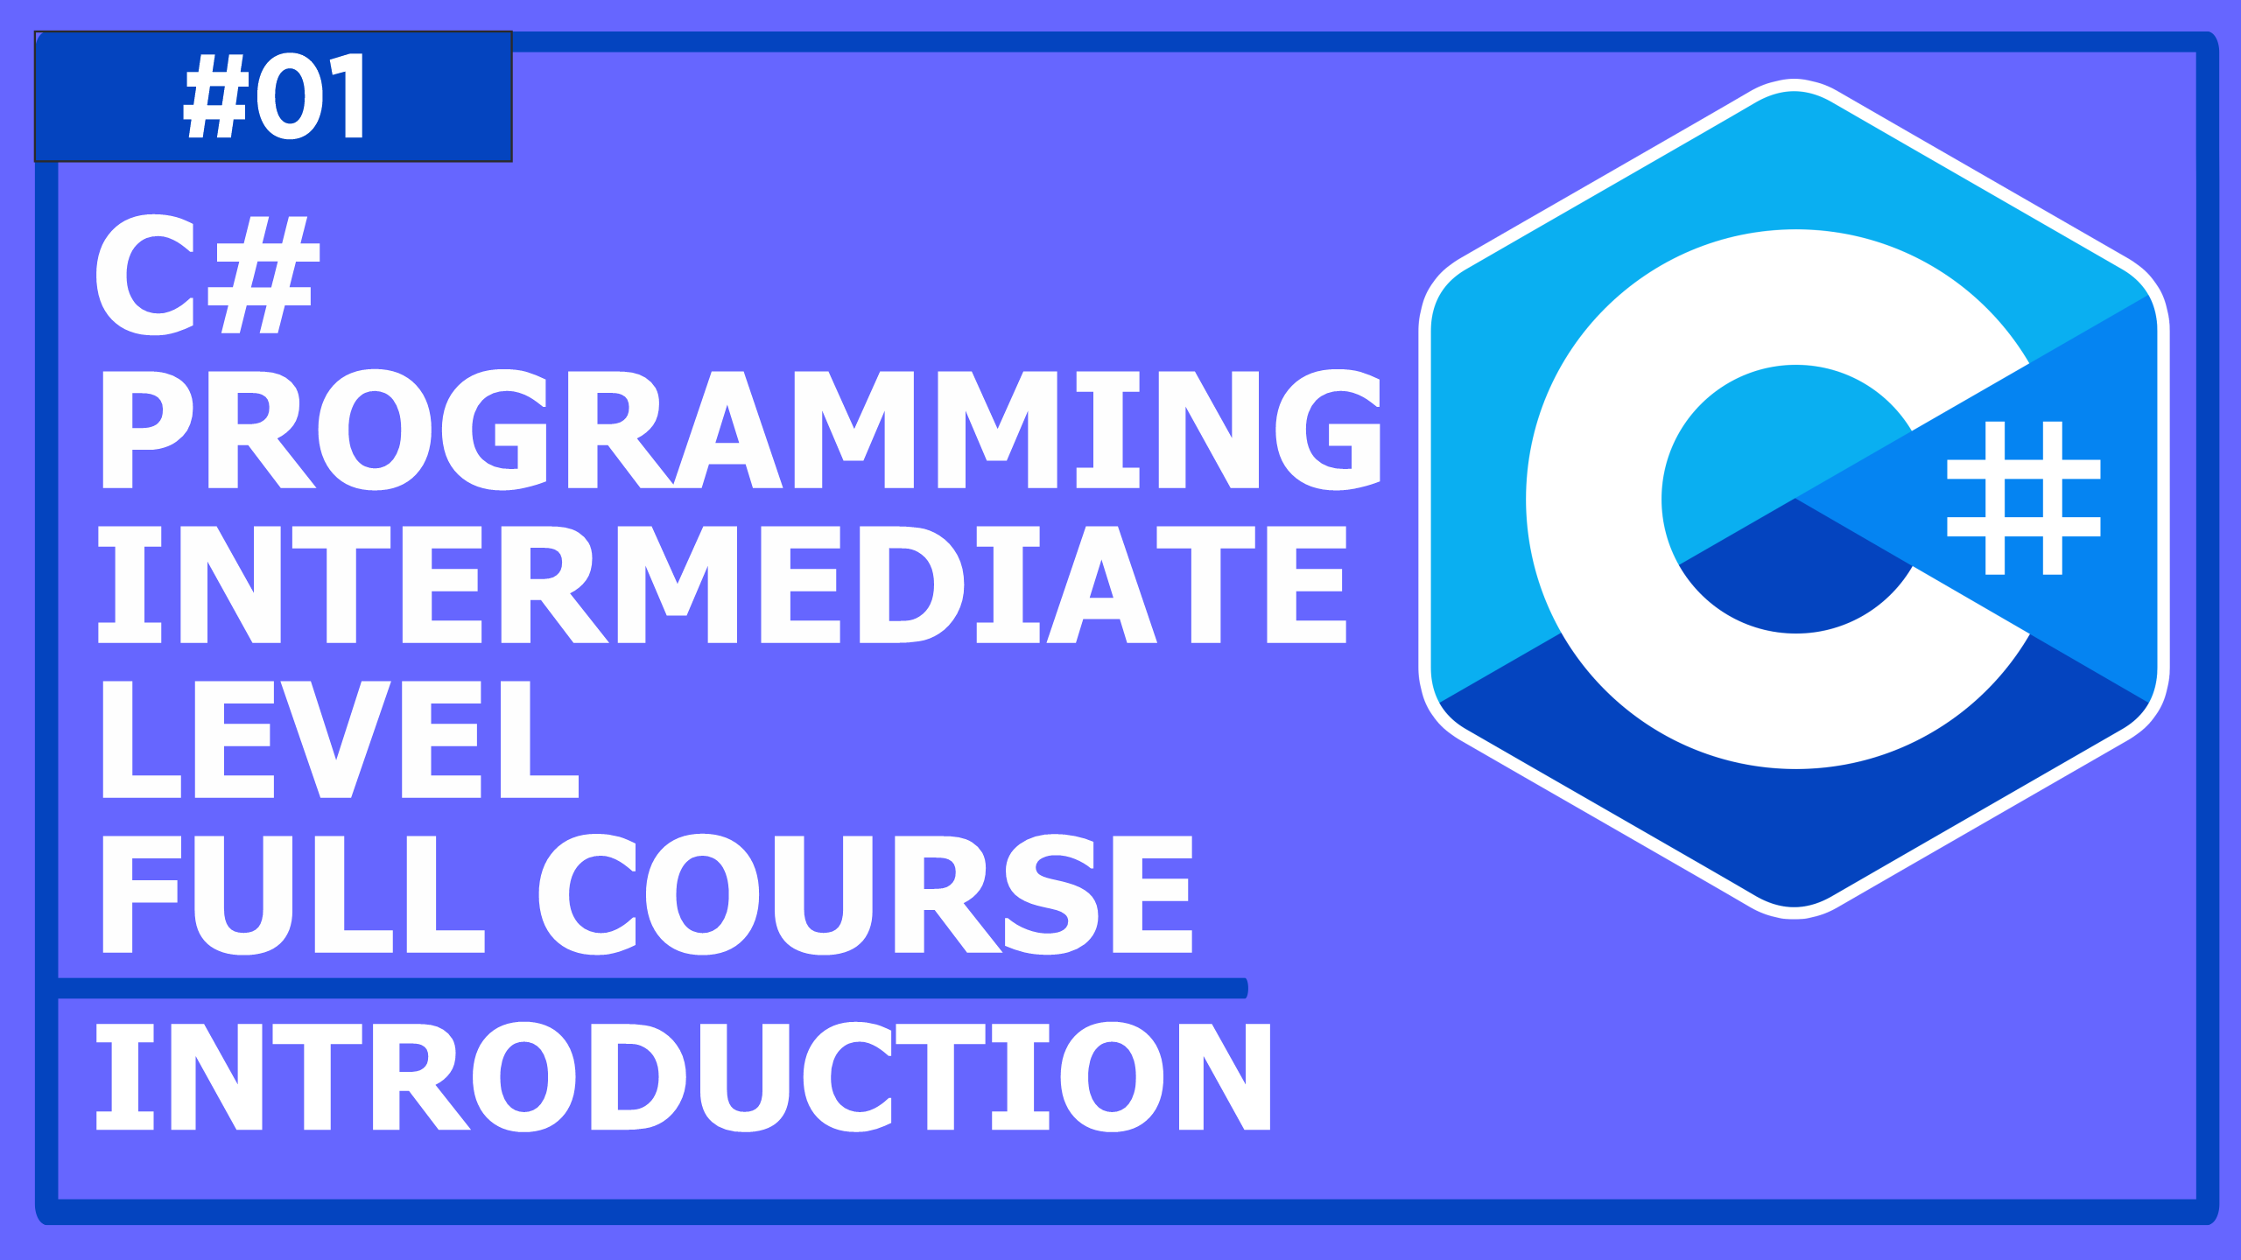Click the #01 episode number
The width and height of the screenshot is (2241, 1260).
pyautogui.click(x=274, y=95)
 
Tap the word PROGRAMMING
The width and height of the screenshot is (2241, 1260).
pyautogui.click(x=741, y=429)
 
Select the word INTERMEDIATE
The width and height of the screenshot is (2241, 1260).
pyautogui.click(x=722, y=584)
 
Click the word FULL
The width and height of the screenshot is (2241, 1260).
pyautogui.click(x=293, y=894)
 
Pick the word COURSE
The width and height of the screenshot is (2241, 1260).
pyautogui.click(x=865, y=894)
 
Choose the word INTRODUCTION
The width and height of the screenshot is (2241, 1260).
pyautogui.click(x=683, y=1076)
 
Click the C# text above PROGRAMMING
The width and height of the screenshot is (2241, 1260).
pyautogui.click(x=207, y=275)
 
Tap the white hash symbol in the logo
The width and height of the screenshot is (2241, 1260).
pyautogui.click(x=2023, y=498)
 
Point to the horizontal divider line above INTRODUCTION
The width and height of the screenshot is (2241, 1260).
pyautogui.click(x=652, y=988)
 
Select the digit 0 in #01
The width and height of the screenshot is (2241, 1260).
pyautogui.click(x=292, y=95)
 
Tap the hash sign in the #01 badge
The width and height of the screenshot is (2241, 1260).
pyautogui.click(x=216, y=95)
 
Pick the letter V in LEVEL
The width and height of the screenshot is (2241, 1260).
pyautogui.click(x=336, y=739)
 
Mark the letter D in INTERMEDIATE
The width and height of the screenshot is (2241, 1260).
pyautogui.click(x=910, y=584)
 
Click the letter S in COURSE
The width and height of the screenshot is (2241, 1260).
pyautogui.click(x=1050, y=894)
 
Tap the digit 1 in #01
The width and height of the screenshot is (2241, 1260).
pyautogui.click(x=348, y=95)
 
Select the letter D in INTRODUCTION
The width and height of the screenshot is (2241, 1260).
pyautogui.click(x=637, y=1076)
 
